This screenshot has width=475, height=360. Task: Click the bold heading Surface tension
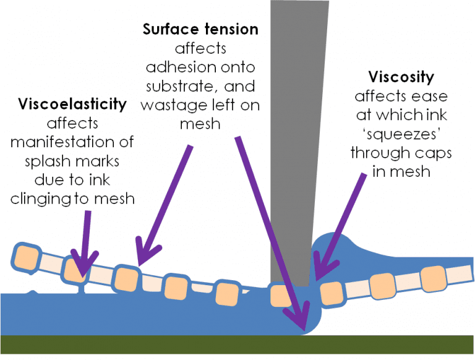click(x=200, y=29)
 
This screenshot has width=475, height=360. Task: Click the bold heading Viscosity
click(x=401, y=78)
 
